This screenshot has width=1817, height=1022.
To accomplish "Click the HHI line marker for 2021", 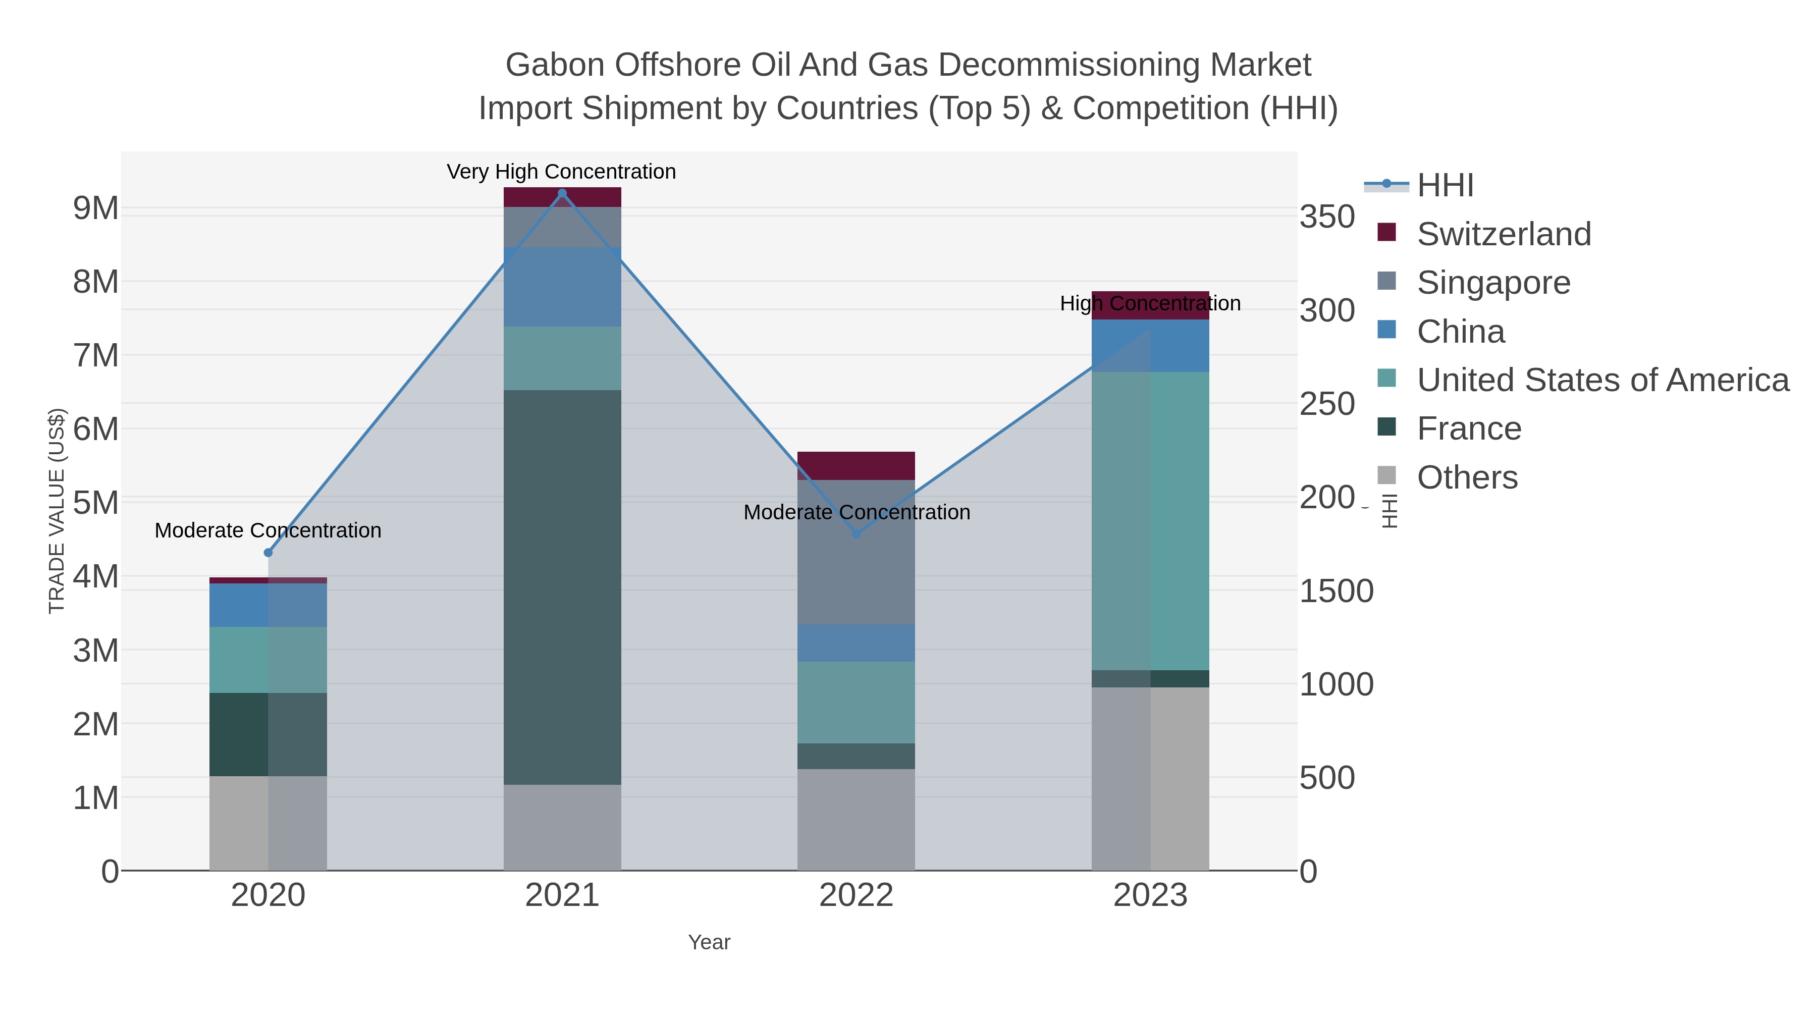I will click(562, 193).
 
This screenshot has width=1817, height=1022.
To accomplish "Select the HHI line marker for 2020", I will click(268, 552).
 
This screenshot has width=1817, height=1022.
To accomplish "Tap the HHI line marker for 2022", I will click(857, 534).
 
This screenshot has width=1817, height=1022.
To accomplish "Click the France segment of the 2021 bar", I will click(562, 585).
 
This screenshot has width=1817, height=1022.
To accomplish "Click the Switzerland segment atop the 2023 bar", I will click(1150, 299).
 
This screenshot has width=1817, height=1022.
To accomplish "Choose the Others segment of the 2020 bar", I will click(268, 823).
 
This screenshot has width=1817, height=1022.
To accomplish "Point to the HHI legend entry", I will click(1445, 186).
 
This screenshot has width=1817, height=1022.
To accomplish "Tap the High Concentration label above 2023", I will click(1150, 303).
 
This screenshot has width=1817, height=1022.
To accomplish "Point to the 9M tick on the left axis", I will click(96, 208).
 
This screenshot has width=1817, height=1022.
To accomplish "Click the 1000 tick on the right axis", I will click(1336, 684).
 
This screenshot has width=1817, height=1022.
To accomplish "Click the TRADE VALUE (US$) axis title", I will click(57, 511).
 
